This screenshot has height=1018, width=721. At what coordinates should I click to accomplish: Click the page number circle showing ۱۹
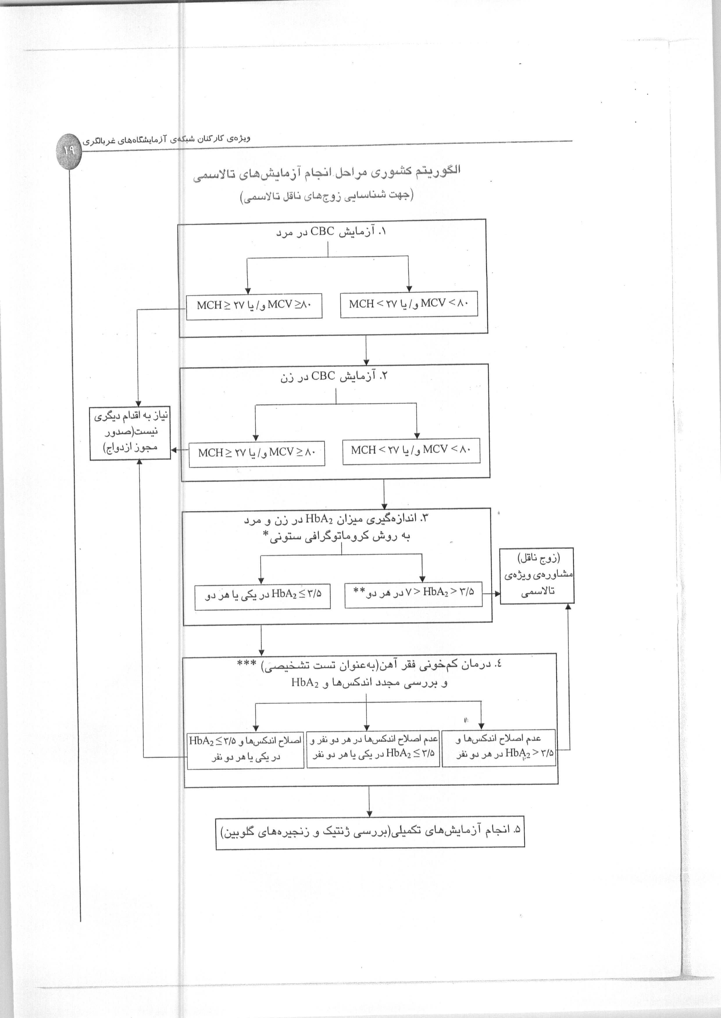click(69, 150)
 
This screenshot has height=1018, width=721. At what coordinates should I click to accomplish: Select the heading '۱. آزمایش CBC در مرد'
click(331, 232)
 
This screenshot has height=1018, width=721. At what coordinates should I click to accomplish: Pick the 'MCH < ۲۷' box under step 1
click(409, 304)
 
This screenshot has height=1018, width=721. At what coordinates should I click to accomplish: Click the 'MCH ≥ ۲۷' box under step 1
click(254, 306)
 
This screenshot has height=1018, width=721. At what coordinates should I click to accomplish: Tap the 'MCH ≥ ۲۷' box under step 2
click(257, 453)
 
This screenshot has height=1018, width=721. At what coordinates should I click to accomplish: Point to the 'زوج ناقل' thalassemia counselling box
click(537, 576)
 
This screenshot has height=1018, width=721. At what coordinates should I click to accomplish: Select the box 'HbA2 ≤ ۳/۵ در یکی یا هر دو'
click(263, 597)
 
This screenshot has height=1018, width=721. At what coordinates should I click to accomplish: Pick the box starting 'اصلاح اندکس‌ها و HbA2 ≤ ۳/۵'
click(245, 750)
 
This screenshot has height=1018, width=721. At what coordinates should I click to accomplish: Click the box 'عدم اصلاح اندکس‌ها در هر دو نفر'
click(373, 748)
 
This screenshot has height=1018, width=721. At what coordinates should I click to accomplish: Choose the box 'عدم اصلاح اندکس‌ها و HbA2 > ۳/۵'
click(499, 748)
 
